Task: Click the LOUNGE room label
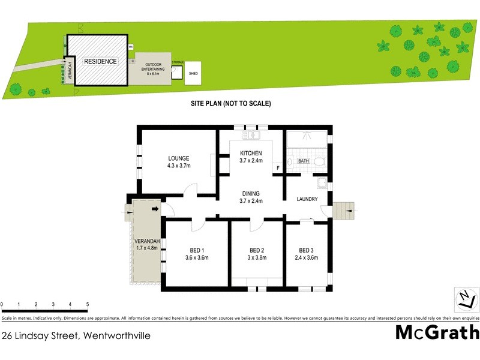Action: click(179, 158)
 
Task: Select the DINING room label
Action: click(251, 193)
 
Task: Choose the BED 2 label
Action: click(257, 250)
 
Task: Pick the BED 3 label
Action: click(306, 250)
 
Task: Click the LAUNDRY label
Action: click(307, 199)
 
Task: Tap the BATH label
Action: click(303, 161)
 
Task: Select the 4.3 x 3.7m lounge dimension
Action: click(179, 166)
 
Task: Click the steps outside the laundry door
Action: click(343, 211)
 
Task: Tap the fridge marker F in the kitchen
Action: click(278, 167)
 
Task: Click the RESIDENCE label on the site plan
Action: click(100, 62)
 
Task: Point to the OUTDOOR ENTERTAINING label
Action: click(152, 67)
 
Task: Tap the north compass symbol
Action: click(465, 298)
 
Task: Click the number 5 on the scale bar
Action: click(88, 305)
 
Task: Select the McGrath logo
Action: click(437, 332)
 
